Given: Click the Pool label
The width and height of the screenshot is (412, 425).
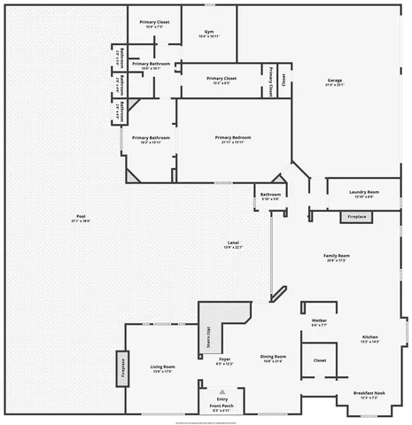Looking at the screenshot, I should [81, 217].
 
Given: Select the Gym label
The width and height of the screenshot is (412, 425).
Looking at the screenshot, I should [209, 32].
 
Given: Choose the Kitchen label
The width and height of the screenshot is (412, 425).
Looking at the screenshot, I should [370, 337].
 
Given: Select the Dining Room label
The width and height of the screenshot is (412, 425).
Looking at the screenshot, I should [273, 358].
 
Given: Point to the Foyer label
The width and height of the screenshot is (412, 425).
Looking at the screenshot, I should [225, 359].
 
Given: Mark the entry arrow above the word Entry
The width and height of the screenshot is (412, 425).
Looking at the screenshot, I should [222, 391].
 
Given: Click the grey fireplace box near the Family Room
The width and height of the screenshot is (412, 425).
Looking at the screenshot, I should [356, 216].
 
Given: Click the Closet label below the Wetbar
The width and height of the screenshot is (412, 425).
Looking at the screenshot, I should [320, 360].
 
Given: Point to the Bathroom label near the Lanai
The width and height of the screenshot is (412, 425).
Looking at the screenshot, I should [270, 195].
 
